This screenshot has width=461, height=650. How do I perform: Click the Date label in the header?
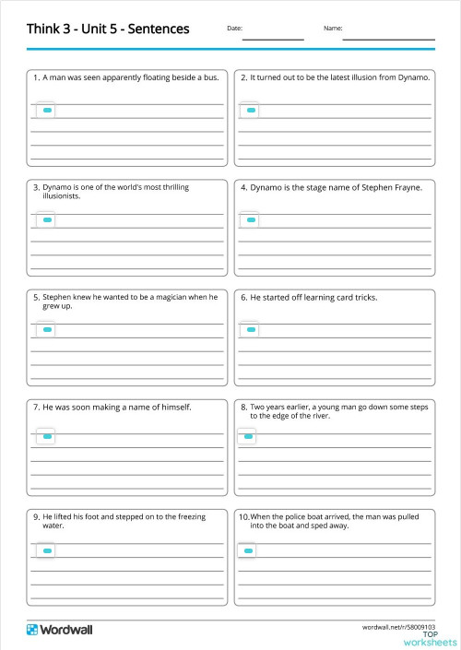(234, 29)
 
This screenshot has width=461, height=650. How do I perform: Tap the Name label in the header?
(333, 29)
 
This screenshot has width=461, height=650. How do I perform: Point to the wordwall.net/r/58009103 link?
(398, 626)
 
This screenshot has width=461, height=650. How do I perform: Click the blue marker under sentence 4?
(251, 220)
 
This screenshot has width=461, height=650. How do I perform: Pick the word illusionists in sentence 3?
(62, 196)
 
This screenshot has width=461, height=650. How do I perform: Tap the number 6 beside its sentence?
(244, 298)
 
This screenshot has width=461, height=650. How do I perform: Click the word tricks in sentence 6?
(365, 297)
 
